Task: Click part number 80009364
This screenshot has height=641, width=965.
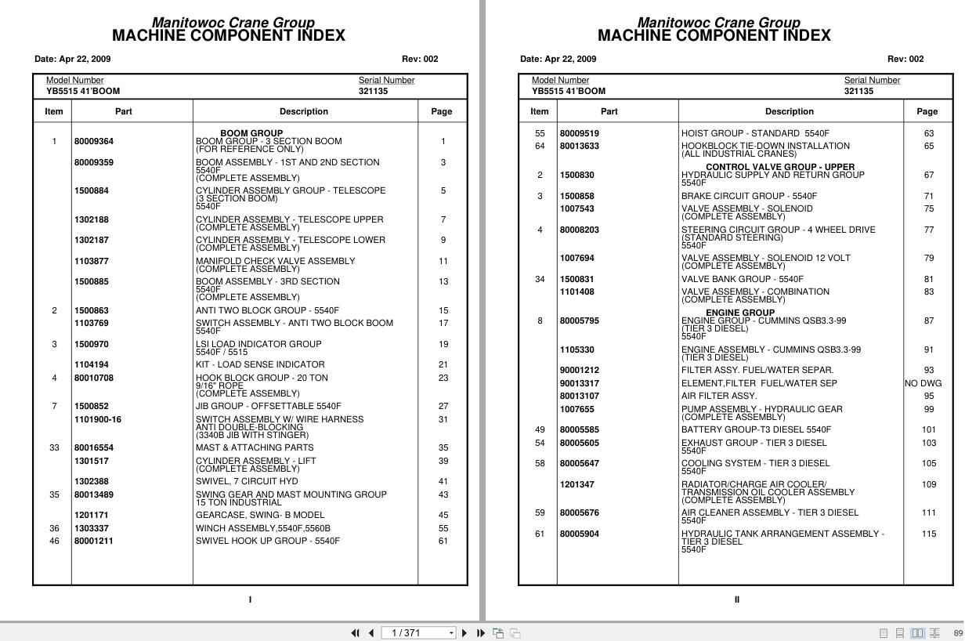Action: [94, 142]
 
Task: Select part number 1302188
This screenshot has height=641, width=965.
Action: [92, 220]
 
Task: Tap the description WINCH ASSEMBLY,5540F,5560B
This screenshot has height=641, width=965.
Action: [263, 529]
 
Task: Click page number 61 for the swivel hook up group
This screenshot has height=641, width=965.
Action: [443, 541]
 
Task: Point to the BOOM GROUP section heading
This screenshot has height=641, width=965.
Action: [251, 133]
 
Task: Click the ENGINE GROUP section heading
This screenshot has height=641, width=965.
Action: [740, 313]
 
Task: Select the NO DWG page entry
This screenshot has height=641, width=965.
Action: [923, 384]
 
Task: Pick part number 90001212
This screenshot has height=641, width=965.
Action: [580, 371]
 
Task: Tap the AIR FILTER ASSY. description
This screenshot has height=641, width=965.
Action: [719, 397]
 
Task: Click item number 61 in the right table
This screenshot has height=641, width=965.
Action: [540, 534]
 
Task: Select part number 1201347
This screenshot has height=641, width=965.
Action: [577, 485]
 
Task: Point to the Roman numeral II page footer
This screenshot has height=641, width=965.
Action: [737, 600]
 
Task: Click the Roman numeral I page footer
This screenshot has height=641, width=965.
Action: [251, 600]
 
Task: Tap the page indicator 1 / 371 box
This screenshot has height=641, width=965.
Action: [418, 633]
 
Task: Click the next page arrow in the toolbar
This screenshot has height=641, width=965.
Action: [464, 633]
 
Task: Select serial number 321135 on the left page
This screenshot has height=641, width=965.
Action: [373, 92]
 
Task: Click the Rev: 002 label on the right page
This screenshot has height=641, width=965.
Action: [905, 59]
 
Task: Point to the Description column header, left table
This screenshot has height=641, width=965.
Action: [304, 112]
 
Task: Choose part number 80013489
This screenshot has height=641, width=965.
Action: [94, 495]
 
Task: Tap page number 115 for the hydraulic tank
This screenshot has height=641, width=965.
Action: [929, 534]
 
